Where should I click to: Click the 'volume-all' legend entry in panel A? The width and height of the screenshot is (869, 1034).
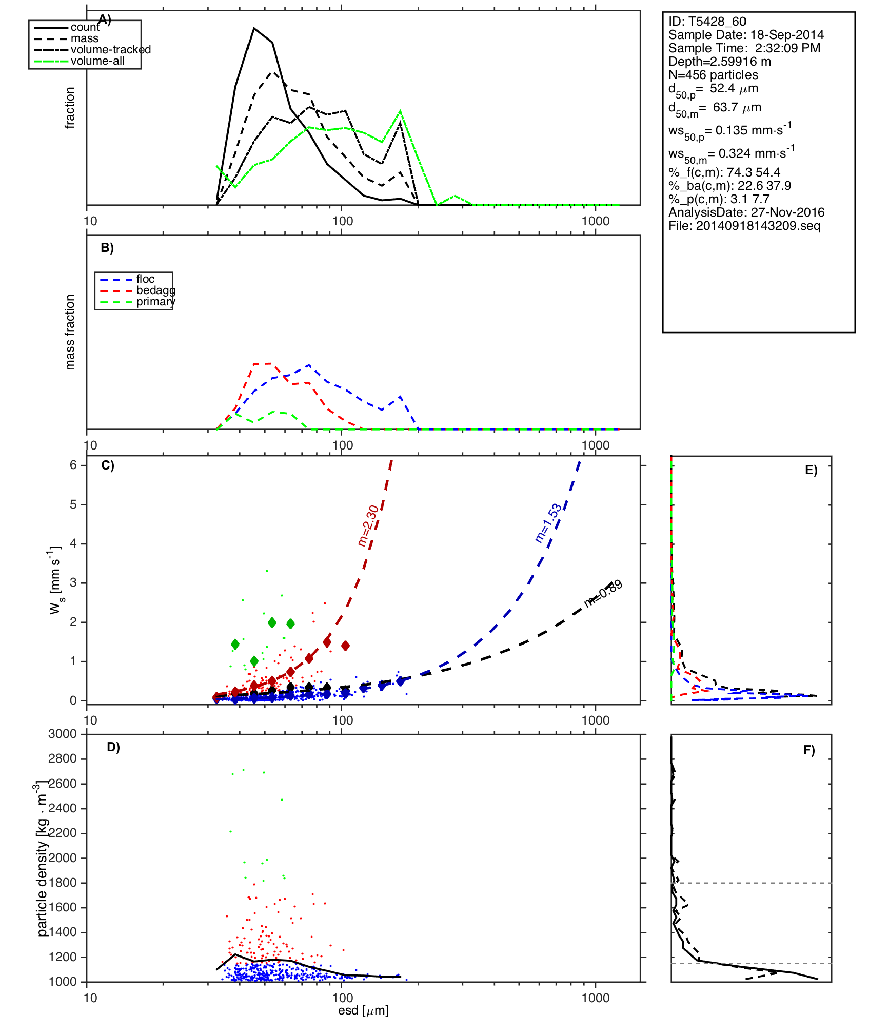tap(97, 61)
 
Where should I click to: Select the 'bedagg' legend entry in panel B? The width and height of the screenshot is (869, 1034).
tap(155, 290)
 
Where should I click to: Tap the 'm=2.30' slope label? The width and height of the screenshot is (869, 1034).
tap(368, 526)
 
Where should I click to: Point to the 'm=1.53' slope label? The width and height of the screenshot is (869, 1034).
tap(548, 523)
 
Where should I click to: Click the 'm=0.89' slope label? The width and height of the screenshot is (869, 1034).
tap(603, 594)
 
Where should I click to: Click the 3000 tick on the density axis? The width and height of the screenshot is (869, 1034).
tap(63, 734)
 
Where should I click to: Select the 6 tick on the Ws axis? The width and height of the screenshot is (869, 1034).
tap(73, 465)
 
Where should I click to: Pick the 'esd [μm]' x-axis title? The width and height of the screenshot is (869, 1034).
tap(363, 1011)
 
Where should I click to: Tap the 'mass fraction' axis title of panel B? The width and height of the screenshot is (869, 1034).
tap(70, 332)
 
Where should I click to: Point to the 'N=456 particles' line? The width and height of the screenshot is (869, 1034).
tap(713, 75)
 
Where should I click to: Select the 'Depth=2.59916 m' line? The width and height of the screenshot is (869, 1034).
tap(720, 62)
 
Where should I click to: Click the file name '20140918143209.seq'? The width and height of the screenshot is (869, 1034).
tap(758, 226)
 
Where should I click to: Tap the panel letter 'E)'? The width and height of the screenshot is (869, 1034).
tap(811, 471)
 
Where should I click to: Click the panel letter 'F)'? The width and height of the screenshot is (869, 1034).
tap(809, 751)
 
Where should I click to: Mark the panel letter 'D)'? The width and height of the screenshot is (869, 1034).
tap(113, 747)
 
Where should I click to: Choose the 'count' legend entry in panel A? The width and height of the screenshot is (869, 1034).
tap(85, 27)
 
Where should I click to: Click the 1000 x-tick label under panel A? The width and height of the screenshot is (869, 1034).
tap(596, 221)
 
